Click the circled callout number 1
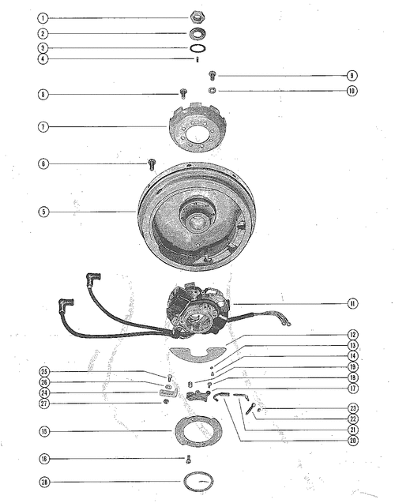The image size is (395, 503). click(x=43, y=18)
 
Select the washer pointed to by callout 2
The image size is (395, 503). click(x=197, y=33)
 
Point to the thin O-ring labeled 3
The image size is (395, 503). click(x=197, y=48)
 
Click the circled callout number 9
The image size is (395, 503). click(x=352, y=76)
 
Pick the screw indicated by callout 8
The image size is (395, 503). click(x=183, y=93)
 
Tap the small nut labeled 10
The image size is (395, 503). click(x=212, y=91)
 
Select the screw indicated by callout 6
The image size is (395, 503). click(x=152, y=164)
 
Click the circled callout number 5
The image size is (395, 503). click(x=43, y=212)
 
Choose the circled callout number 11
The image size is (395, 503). click(x=352, y=303)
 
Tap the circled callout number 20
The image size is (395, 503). click(x=353, y=441)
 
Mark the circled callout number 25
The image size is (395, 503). click(x=43, y=371)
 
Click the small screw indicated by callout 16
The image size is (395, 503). click(x=189, y=460)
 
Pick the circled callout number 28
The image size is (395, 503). click(x=44, y=482)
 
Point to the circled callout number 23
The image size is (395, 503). click(x=353, y=408)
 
